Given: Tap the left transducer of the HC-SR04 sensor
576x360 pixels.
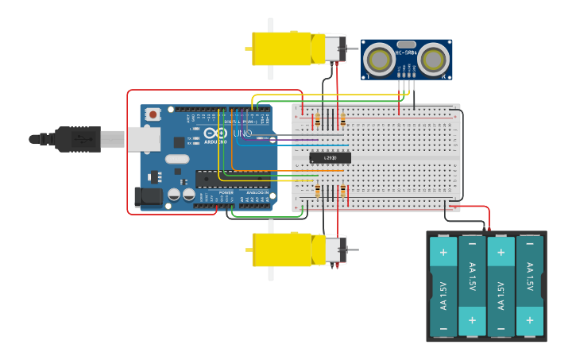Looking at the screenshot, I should pyautogui.click(x=378, y=59).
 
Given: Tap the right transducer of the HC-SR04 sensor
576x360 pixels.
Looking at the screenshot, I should pyautogui.click(x=434, y=59).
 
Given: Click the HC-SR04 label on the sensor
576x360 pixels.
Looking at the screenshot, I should pyautogui.click(x=406, y=53).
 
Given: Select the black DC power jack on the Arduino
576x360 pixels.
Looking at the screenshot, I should pyautogui.click(x=148, y=196).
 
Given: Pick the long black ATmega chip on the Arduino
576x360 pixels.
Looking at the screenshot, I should pyautogui.click(x=232, y=179).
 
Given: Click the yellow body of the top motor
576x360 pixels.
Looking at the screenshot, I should pyautogui.click(x=281, y=48).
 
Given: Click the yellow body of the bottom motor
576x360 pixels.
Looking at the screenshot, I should pyautogui.click(x=281, y=250).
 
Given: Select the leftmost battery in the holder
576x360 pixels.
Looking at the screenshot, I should pyautogui.click(x=443, y=287).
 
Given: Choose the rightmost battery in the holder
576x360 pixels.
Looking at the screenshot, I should pyautogui.click(x=529, y=287).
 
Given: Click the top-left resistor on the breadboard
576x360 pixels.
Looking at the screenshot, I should pyautogui.click(x=318, y=120).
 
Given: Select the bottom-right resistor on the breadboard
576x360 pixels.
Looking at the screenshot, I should pyautogui.click(x=343, y=192).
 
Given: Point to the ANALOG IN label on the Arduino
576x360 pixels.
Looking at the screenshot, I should pyautogui.click(x=257, y=193).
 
